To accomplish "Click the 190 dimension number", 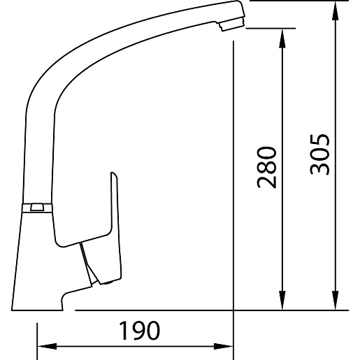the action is (140, 331).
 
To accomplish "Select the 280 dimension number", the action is (266, 167).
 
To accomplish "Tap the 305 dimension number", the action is (319, 154).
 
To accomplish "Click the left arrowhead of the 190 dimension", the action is (47, 346).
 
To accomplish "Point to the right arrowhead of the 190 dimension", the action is (224, 346).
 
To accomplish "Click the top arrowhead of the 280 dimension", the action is (282, 38).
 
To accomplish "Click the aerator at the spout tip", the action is (232, 24).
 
